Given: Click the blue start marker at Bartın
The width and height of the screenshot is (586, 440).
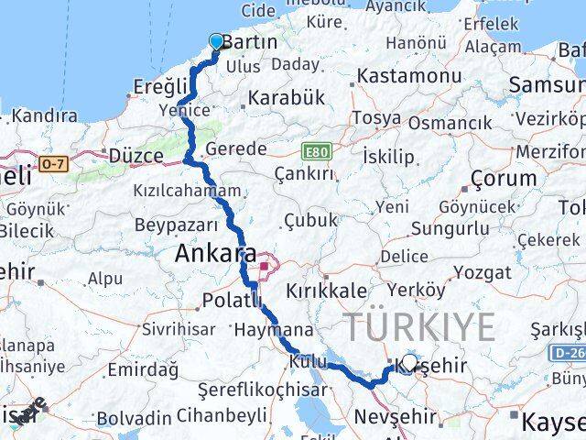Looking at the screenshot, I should click(216, 41).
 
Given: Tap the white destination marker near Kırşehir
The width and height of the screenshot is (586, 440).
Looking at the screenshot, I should click(409, 361).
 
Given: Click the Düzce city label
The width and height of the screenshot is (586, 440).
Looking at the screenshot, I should click(136, 156).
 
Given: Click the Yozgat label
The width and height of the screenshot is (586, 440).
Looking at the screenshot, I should click(482, 272).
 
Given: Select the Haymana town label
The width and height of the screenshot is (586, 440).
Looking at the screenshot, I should click(273, 329).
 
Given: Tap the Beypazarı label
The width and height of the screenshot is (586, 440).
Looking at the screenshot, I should click(175, 225).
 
